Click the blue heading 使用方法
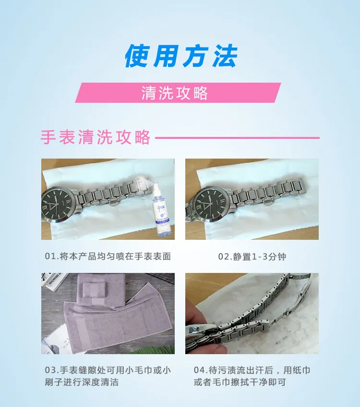click(181, 56)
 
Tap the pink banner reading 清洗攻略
click(178, 93)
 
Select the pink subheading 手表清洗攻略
click(96, 137)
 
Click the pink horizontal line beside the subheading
click(237, 138)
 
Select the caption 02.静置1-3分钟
click(252, 257)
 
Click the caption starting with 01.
click(108, 256)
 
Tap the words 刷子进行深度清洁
click(82, 382)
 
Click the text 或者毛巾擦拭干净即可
click(240, 382)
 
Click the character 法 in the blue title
click(225, 56)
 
